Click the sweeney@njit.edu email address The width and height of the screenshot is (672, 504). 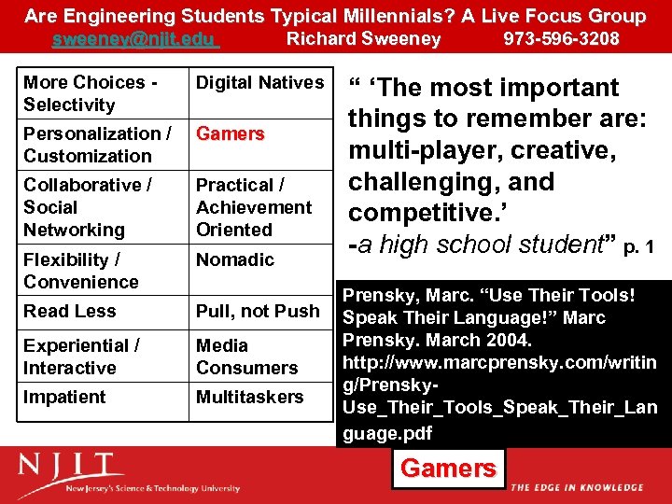tap(135, 38)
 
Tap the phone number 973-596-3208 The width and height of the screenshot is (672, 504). tap(561, 38)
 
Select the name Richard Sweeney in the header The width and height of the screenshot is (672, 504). tap(363, 38)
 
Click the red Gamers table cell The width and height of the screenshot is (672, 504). tap(230, 133)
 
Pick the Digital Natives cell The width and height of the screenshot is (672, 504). tap(259, 83)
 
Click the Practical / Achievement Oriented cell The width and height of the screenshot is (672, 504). tap(253, 207)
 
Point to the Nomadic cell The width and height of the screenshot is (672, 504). tap(234, 259)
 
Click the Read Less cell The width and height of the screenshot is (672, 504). tap(69, 311)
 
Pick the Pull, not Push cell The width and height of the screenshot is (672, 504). tap(257, 311)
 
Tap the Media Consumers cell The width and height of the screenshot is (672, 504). tap(246, 357)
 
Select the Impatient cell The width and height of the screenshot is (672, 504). tap(64, 397)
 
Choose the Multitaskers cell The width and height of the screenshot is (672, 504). tap(249, 397)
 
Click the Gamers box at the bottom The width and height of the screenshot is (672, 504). tap(448, 468)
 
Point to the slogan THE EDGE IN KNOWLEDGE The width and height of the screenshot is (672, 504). tap(576, 487)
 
